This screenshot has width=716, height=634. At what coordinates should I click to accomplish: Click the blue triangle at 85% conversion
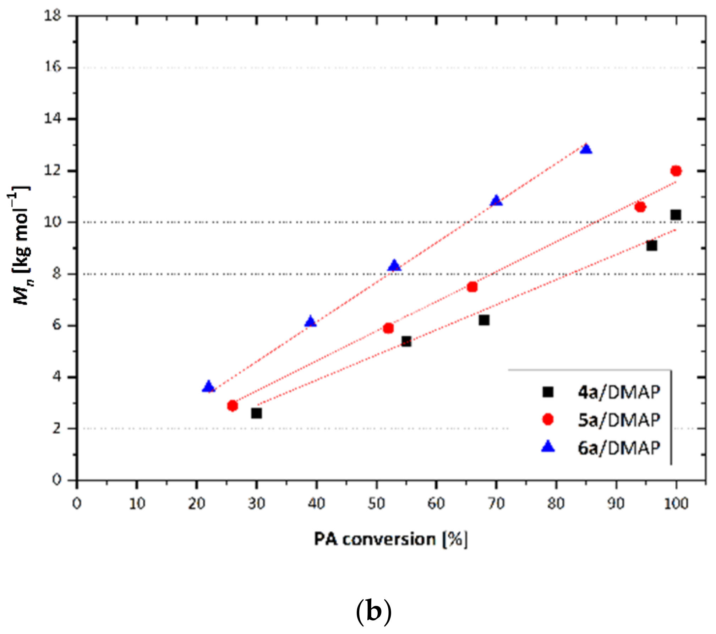(x=586, y=149)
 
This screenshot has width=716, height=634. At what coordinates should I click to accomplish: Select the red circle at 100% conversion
(x=676, y=171)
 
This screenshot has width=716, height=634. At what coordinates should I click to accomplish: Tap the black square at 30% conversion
(x=256, y=413)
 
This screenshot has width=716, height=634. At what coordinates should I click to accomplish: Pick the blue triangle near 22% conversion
(x=209, y=387)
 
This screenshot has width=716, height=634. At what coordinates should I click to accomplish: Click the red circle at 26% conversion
(x=233, y=406)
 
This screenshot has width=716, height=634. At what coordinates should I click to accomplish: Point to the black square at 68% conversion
(x=484, y=320)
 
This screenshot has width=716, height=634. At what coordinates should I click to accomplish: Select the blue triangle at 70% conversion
(x=496, y=201)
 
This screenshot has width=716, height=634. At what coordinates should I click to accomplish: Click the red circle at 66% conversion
(x=472, y=287)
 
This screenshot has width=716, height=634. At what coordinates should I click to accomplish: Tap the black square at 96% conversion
(x=652, y=245)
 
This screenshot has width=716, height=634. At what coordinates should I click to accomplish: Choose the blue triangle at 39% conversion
(x=311, y=322)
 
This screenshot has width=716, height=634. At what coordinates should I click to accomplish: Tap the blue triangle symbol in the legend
(x=548, y=447)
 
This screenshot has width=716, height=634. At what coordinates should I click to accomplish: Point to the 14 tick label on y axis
(x=52, y=118)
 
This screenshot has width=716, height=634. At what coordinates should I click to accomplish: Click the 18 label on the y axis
(x=52, y=16)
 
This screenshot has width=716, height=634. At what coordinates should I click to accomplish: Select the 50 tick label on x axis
(x=376, y=504)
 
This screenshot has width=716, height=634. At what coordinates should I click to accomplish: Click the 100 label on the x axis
(x=676, y=504)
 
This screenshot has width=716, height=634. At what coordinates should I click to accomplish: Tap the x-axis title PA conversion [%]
(x=390, y=540)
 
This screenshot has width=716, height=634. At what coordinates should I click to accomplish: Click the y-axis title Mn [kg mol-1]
(x=20, y=245)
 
